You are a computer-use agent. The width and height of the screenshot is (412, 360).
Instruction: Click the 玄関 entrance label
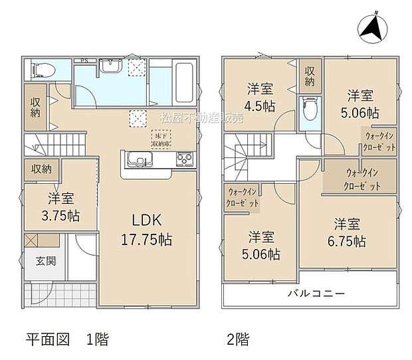pyautogui.click(x=46, y=261)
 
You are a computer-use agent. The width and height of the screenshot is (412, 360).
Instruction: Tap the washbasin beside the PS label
pyautogui.click(x=110, y=66)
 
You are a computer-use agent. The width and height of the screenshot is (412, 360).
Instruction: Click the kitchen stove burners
pyautogui.click(x=183, y=160)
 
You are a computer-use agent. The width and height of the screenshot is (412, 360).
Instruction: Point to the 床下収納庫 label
pyautogui.click(x=163, y=139)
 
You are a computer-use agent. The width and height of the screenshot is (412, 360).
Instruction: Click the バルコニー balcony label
pyautogui.click(x=315, y=293)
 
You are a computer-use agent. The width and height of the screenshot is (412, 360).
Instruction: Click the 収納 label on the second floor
pyautogui.click(x=310, y=76)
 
